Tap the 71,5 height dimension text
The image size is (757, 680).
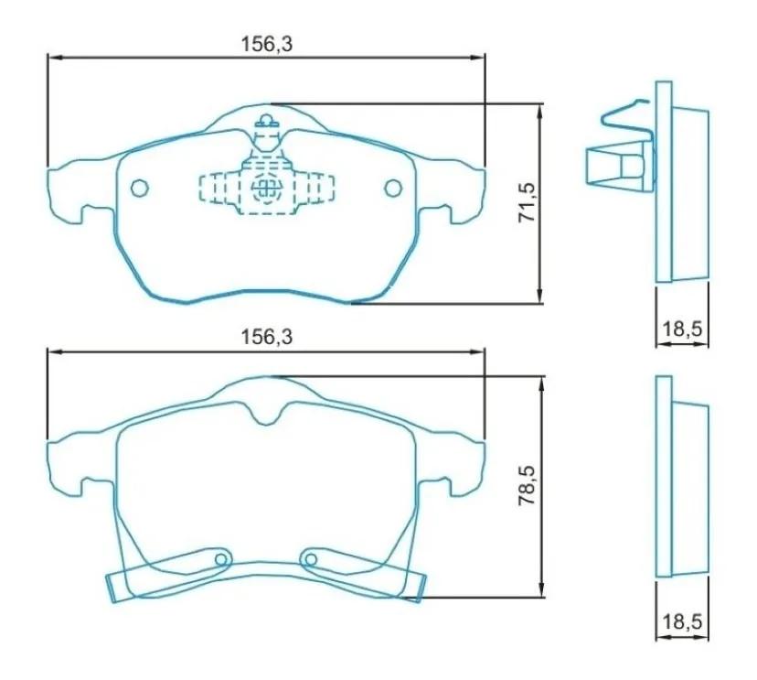[x=525, y=202]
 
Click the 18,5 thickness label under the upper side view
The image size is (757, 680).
[x=681, y=327]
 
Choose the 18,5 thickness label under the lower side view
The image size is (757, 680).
[x=681, y=622]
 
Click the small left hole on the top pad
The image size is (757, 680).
[x=139, y=188]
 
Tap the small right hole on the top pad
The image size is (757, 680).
[x=393, y=188]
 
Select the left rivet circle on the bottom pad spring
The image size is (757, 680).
[x=220, y=560]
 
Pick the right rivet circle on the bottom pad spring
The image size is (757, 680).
[x=309, y=560]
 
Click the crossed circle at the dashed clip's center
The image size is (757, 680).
[x=266, y=189]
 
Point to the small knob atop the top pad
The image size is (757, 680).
[x=266, y=119]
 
